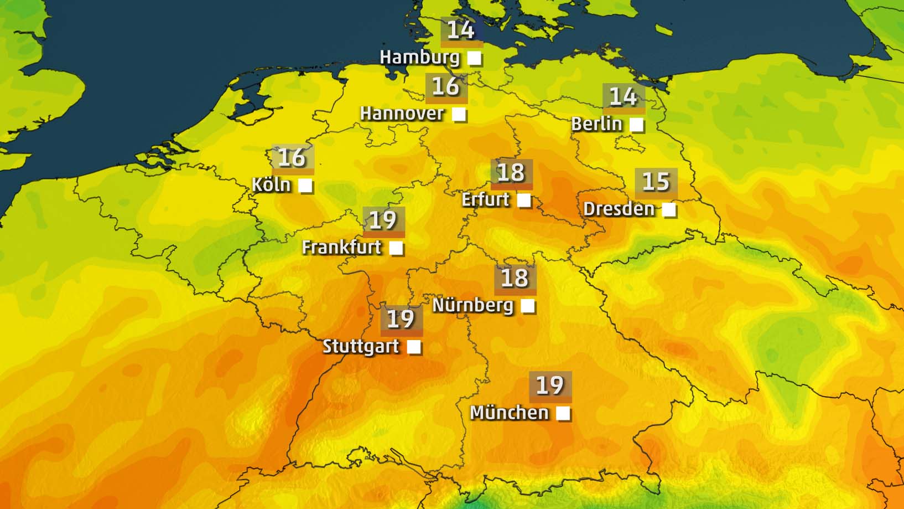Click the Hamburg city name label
point(419,57)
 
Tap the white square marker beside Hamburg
point(474,58)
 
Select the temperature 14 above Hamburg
point(461,30)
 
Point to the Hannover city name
point(402,114)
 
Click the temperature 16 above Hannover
point(446,86)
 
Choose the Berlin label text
point(596,124)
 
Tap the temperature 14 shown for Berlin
point(623,97)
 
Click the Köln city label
point(271,184)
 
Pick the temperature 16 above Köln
point(292,158)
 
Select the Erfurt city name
point(485,199)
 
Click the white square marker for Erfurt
point(523,200)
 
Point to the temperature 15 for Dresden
point(656,182)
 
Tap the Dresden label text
point(619,209)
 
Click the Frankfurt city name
point(341,247)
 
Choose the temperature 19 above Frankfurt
point(383,220)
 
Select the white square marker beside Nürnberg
point(528,305)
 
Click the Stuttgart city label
point(361,346)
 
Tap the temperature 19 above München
point(550,385)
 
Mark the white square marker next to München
point(563,413)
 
